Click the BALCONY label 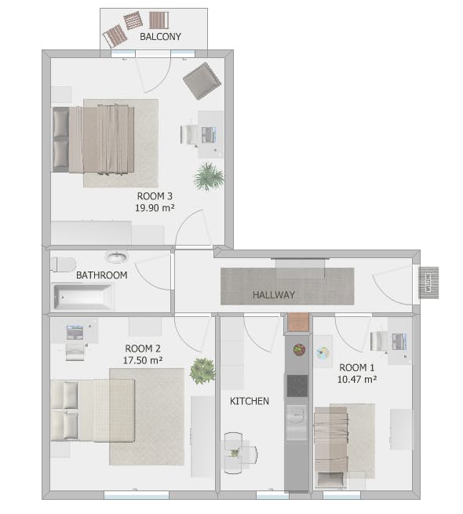160,36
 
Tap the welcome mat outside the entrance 428,283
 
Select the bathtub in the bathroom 84,297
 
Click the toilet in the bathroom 64,264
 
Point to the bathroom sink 116,257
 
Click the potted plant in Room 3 209,177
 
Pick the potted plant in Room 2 202,371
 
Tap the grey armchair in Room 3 202,81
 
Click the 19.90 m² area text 155,208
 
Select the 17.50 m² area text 143,360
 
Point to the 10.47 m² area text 357,379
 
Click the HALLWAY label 273,295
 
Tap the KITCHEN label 250,401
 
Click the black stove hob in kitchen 297,386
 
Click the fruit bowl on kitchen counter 299,349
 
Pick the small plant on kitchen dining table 235,453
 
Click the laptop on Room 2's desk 75,333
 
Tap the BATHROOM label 102,275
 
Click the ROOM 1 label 356,367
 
